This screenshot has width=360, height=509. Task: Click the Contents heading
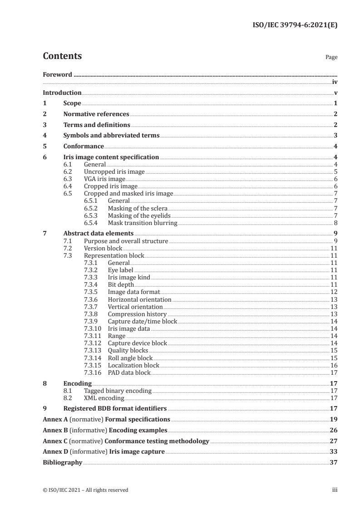pyautogui.click(x=62, y=56)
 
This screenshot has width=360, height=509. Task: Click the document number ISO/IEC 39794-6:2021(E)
pyautogui.click(x=294, y=26)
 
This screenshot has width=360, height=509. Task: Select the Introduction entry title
pyautogui.click(x=62, y=93)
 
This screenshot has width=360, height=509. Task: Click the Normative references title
pyautogui.click(x=96, y=114)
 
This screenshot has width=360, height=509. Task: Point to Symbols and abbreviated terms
pyautogui.click(x=111, y=135)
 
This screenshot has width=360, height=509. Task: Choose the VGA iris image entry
pyautogui.click(x=104, y=179)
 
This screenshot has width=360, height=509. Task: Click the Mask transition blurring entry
pyautogui.click(x=142, y=223)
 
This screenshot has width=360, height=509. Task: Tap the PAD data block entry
pyautogui.click(x=129, y=372)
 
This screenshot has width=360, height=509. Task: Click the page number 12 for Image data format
pyautogui.click(x=334, y=292)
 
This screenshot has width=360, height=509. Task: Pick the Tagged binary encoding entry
pyautogui.click(x=118, y=391)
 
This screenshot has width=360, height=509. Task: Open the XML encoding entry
pyautogui.click(x=104, y=398)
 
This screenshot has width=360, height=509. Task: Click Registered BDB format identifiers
pyautogui.click(x=115, y=408)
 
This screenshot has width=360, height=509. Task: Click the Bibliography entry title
pyautogui.click(x=62, y=463)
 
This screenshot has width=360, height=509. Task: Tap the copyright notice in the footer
pyautogui.click(x=85, y=490)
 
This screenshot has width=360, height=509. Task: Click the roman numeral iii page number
pyautogui.click(x=335, y=490)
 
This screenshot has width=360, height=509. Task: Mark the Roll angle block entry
pyautogui.click(x=130, y=358)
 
